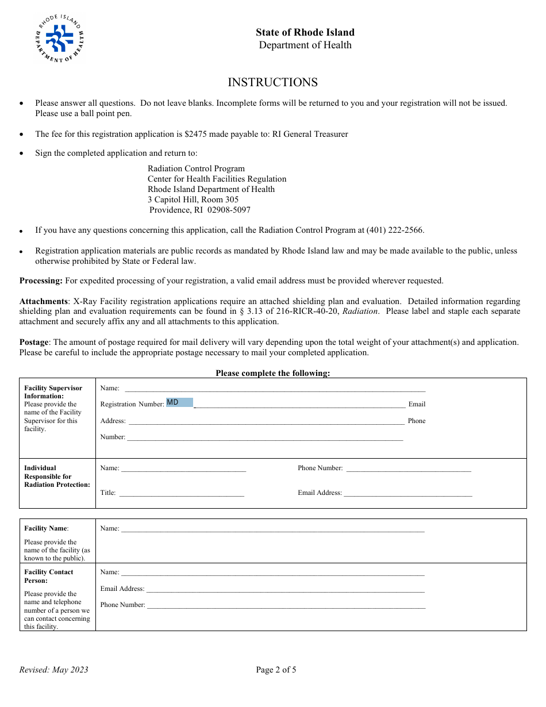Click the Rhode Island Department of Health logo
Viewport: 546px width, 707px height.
click(59, 39)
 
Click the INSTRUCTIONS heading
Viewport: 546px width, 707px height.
click(272, 82)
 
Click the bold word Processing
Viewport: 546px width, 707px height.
click(41, 281)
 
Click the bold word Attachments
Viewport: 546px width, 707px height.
click(43, 301)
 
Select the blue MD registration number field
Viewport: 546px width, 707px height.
click(179, 402)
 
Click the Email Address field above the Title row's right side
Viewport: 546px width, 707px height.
click(408, 493)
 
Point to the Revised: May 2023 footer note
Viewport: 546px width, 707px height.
click(54, 670)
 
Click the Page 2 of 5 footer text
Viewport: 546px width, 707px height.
click(276, 670)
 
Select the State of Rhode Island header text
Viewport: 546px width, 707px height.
click(305, 32)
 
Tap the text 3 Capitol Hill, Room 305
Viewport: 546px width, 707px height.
click(193, 199)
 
